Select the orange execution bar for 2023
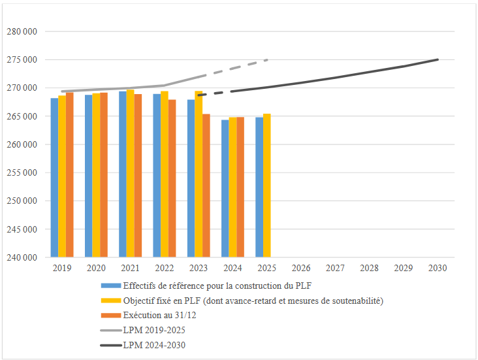pos(206,186)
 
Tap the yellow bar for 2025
pos(267,186)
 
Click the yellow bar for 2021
pos(131,174)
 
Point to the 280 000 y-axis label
pos(22,31)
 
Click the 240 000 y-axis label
pos(22,258)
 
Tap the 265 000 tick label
pos(22,116)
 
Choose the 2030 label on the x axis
pos(438,268)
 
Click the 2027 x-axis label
pos(335,268)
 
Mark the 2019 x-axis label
pos(62,268)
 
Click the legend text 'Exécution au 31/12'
pos(159,316)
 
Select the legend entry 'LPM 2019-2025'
pos(150,330)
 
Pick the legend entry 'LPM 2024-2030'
pos(150,344)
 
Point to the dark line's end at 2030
pos(438,59)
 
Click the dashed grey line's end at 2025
pos(267,59)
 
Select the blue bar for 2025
pos(259,188)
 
